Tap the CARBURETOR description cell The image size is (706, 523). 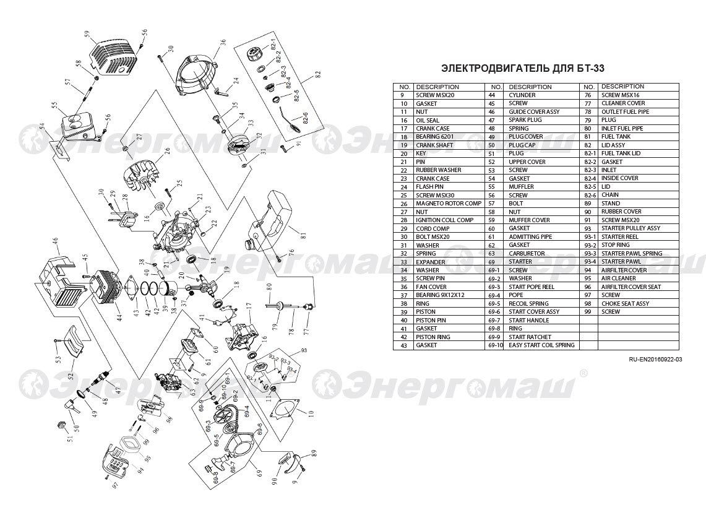point(527,253)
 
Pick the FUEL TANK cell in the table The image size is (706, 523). point(616,137)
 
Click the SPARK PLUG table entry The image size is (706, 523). point(525,120)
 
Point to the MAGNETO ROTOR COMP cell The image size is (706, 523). point(449,204)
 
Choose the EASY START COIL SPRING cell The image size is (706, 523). point(541,345)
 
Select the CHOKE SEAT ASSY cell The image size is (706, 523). point(625,303)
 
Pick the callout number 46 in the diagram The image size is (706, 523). point(55,241)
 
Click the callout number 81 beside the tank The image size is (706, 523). point(303,235)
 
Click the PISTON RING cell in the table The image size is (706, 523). point(434,337)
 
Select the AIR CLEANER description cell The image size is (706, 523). point(619,279)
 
